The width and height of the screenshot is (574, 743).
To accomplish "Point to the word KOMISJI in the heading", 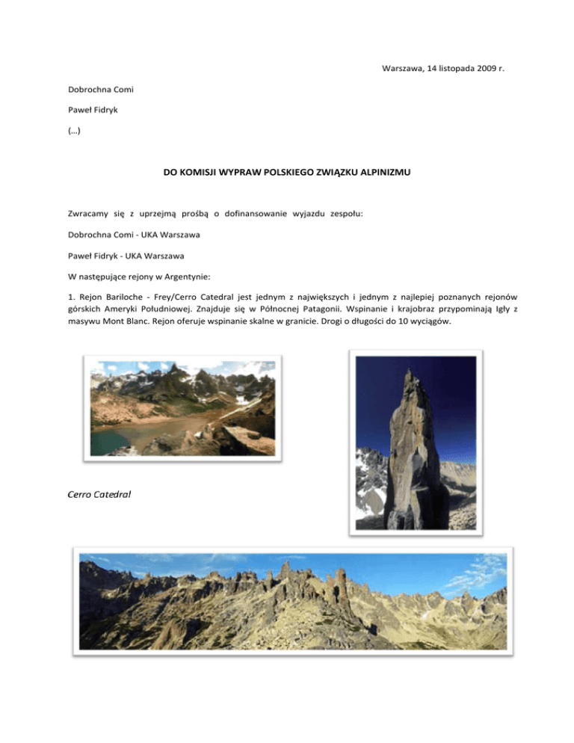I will pyautogui.click(x=206, y=173).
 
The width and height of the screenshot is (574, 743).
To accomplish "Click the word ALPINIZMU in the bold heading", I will pyautogui.click(x=383, y=173).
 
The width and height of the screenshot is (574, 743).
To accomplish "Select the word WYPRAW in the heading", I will pyautogui.click(x=249, y=173).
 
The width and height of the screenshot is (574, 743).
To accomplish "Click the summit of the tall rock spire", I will pyautogui.click(x=410, y=371).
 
